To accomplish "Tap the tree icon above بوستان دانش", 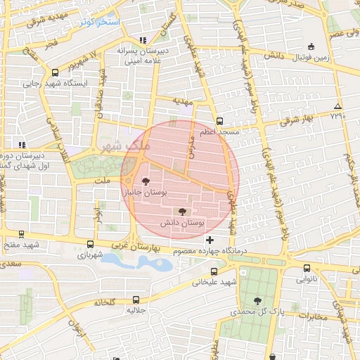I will pyautogui.click(x=183, y=211).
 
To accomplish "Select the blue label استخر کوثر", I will pyautogui.click(x=100, y=22).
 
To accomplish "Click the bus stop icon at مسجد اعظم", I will pyautogui.click(x=219, y=121).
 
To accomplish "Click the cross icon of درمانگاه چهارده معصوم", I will pyautogui.click(x=209, y=240).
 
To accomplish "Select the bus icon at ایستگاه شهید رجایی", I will pyautogui.click(x=56, y=72).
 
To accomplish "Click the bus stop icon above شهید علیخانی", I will pyautogui.click(x=214, y=271).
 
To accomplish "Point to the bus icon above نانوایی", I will pyautogui.click(x=307, y=268).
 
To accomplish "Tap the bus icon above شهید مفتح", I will pyautogui.click(x=20, y=235).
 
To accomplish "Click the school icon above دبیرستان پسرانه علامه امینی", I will pyautogui.click(x=143, y=39).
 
